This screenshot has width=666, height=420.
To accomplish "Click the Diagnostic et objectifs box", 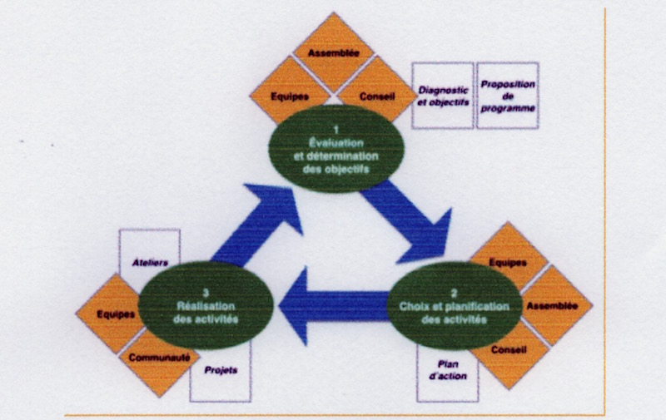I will pos(443,96).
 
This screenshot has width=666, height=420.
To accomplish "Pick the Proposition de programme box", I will pos(508,96).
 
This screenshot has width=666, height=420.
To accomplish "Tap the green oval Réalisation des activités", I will pos(205,305).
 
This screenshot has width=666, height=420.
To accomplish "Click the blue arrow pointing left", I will pos(333,306).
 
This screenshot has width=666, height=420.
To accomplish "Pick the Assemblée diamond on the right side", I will pos(551,305).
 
